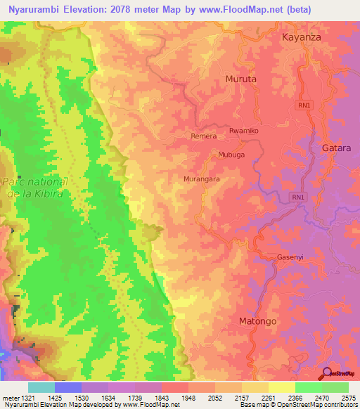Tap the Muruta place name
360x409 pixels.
click(240, 79)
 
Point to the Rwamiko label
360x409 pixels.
click(245, 131)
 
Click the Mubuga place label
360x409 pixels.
click(231, 155)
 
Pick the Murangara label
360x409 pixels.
click(202, 180)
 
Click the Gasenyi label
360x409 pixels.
click(290, 257)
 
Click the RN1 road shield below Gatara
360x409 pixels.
click(299, 198)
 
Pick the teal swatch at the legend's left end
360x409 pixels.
click(41, 388)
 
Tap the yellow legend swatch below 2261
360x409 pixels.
click(282, 388)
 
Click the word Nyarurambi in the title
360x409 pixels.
click(34, 10)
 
